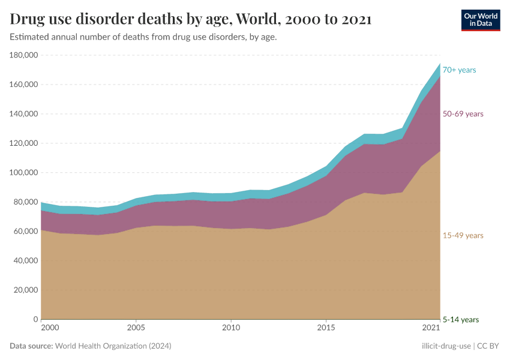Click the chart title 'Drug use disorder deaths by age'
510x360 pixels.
[191, 19]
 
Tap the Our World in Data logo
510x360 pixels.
[480, 19]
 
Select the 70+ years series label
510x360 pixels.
[459, 70]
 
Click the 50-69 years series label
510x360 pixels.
[463, 114]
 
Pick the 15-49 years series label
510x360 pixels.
[463, 236]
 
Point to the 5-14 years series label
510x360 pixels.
[461, 320]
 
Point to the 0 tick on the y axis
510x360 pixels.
[36, 319]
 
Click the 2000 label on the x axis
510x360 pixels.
[50, 328]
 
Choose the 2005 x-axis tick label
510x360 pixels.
[136, 328]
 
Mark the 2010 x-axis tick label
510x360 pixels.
[231, 328]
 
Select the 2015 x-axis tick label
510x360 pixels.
[326, 328]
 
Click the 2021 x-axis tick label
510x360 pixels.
[431, 328]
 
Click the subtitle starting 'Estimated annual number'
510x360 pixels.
[143, 37]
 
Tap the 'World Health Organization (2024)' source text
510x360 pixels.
[113, 346]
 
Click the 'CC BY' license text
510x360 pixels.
[488, 346]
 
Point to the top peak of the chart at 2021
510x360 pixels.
[440, 64]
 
